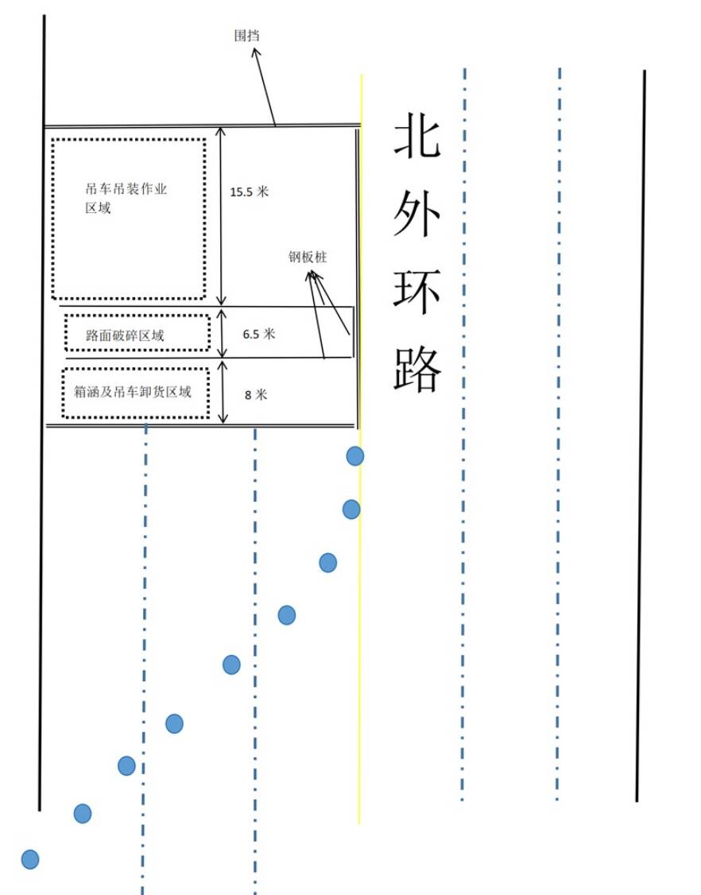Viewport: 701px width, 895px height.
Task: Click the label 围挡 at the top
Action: coord(246,36)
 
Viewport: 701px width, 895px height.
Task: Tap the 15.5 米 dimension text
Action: coord(249,192)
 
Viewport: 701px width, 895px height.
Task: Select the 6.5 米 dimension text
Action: coord(258,334)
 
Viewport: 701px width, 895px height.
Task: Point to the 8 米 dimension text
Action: coord(256,394)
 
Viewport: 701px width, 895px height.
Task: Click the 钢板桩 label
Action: coord(308,257)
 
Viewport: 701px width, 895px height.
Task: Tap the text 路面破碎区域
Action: coord(125,335)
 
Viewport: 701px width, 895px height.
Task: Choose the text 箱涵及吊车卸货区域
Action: coord(133,392)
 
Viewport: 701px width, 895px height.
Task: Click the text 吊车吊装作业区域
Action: coord(126,197)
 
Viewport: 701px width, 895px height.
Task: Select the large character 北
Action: coord(416,135)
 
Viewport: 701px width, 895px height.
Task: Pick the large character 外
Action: coord(416,214)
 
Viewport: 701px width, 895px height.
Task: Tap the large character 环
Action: coord(416,292)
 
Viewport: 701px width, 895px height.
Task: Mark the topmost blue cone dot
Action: coord(355,456)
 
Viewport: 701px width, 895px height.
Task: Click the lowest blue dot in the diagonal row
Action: coord(30,859)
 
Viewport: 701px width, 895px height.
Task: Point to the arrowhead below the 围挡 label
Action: coord(256,52)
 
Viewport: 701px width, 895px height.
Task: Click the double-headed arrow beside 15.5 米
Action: coord(222,216)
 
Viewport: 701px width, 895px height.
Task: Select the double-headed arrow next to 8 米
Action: coord(223,392)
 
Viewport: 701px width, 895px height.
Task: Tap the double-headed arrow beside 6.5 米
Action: coord(223,333)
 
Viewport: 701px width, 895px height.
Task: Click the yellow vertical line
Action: coord(360,448)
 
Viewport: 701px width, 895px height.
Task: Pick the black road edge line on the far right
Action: coord(641,436)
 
